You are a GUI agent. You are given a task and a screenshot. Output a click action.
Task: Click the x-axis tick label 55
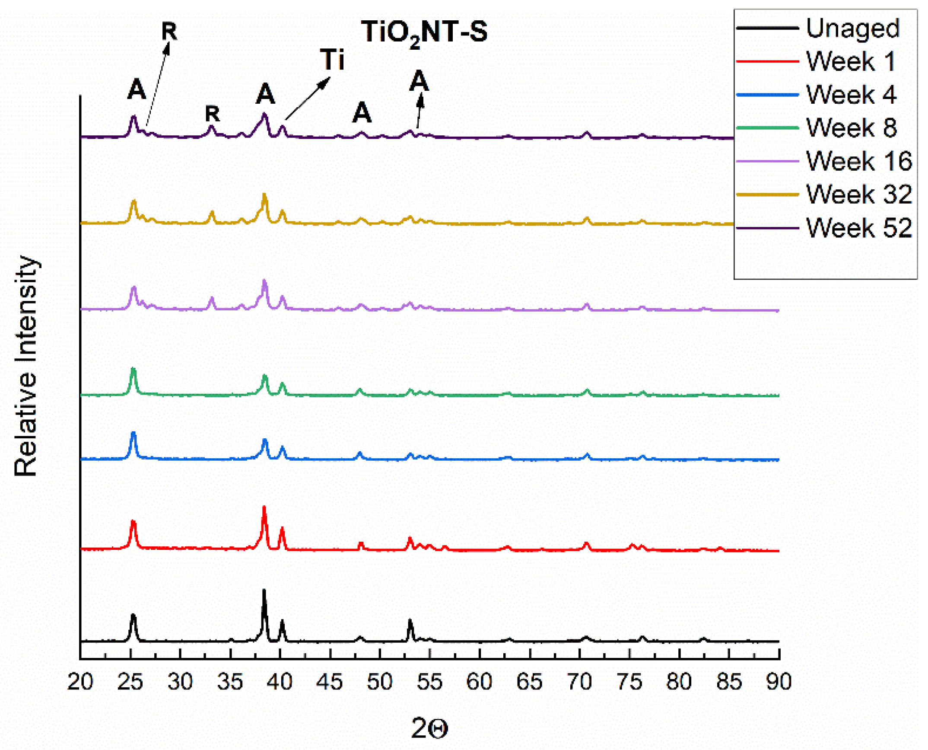[429, 682]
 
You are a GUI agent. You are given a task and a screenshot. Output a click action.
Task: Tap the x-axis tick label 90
[779, 682]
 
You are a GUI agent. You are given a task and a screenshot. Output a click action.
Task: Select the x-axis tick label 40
[280, 682]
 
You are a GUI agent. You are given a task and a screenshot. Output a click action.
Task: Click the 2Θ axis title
[429, 728]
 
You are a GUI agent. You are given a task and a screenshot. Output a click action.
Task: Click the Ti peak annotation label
[332, 60]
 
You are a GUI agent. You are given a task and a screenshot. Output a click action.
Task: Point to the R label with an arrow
[169, 32]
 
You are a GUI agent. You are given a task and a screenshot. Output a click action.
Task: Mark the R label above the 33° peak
[212, 114]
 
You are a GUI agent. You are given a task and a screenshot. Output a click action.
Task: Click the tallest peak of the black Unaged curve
[264, 591]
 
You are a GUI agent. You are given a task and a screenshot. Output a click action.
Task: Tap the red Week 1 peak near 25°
[133, 523]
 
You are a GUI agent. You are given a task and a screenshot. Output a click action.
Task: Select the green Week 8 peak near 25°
[133, 370]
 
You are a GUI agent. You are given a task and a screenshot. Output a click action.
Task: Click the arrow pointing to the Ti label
[307, 99]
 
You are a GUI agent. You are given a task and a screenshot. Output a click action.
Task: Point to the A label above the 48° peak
[362, 113]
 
